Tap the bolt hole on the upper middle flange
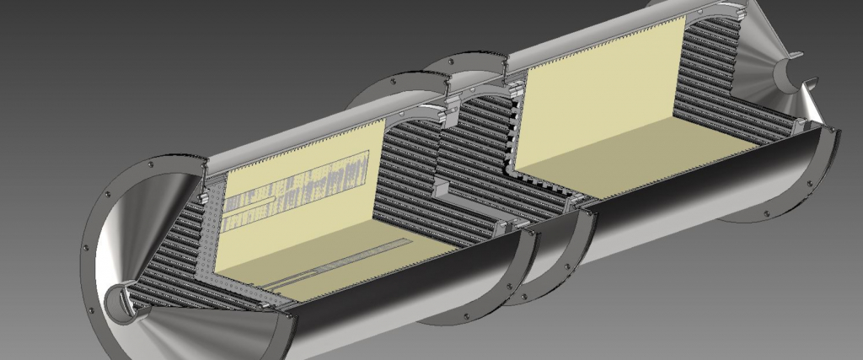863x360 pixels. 393,82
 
